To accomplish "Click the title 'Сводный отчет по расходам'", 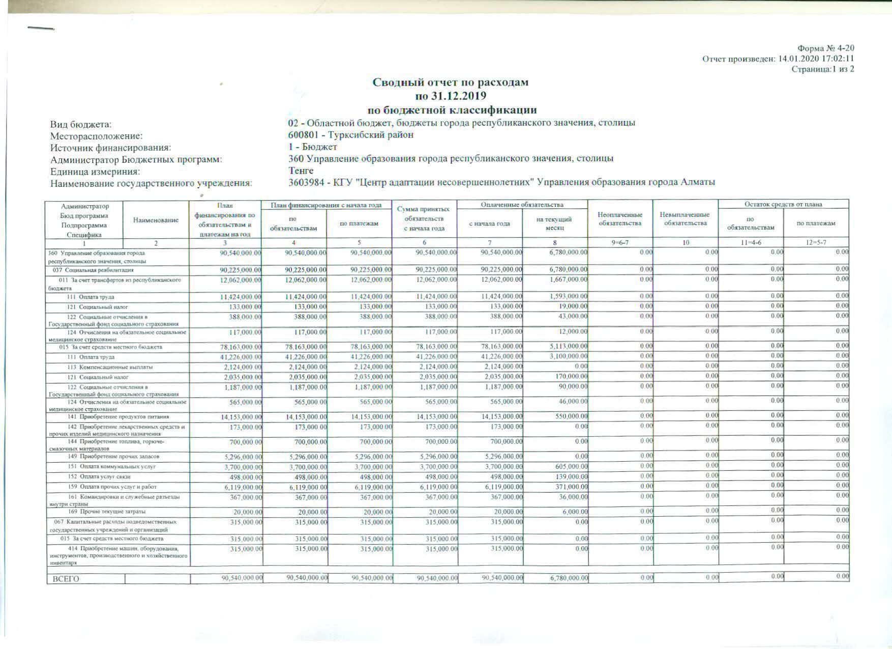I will tap(451, 82).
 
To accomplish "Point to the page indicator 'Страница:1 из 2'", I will tap(823, 69).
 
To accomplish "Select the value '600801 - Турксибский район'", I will tap(350, 135).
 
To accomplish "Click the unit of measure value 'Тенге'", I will tap(301, 171).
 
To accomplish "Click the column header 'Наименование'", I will tap(156, 220).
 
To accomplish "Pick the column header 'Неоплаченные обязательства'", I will tap(620, 219).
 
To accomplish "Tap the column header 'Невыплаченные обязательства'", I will tap(685, 219).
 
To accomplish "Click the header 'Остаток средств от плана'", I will tap(783, 204).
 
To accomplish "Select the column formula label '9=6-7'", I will tap(620, 243).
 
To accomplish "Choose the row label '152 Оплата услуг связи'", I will tap(99, 477).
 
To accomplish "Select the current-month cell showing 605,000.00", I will tap(572, 466).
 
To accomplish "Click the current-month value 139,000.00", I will tap(572, 476).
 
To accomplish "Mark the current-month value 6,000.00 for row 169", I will tap(575, 511).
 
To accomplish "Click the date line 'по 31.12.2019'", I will tap(451, 96).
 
